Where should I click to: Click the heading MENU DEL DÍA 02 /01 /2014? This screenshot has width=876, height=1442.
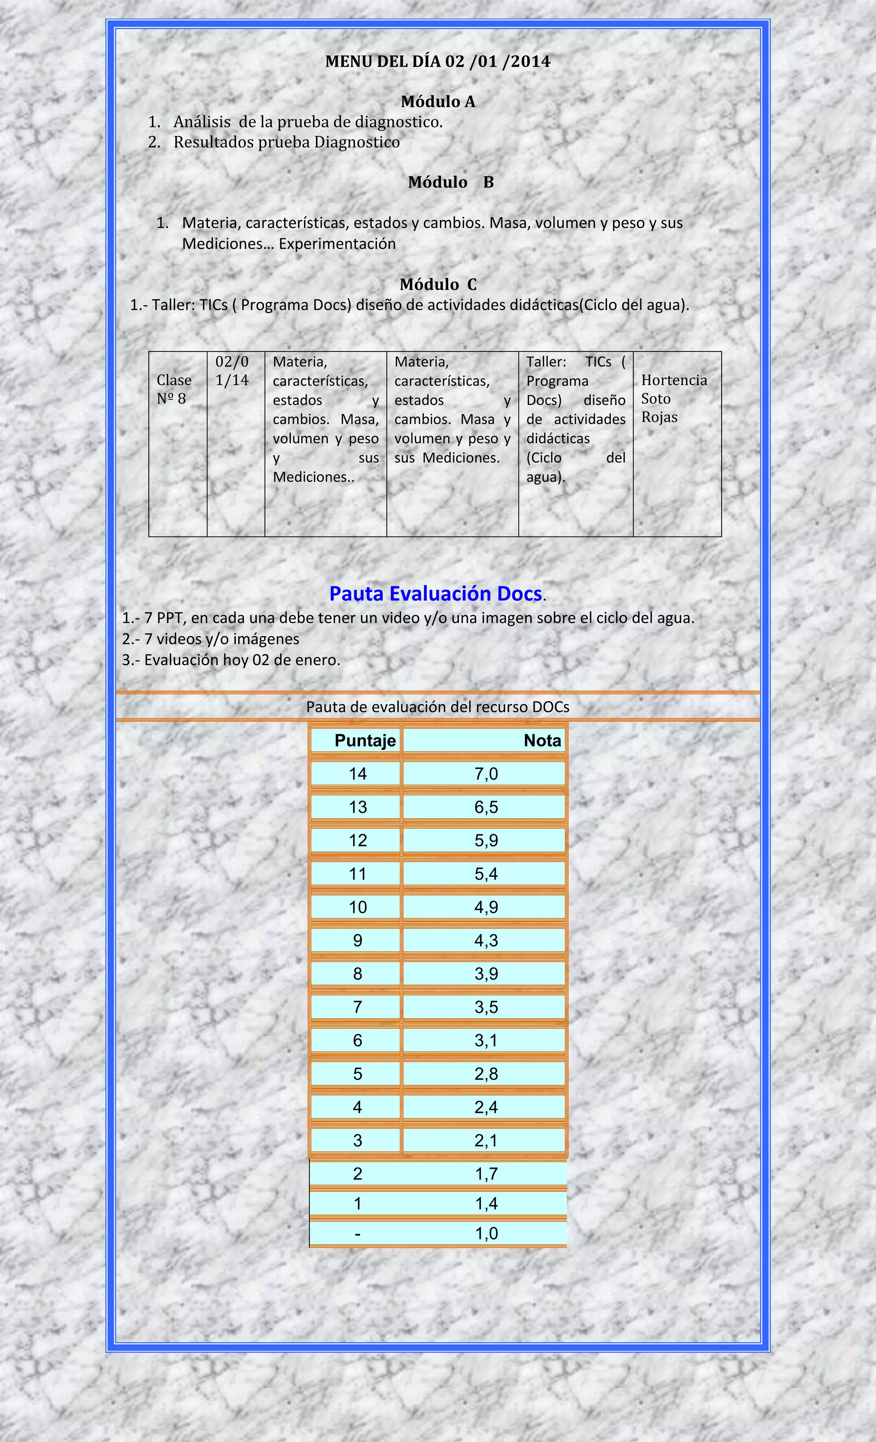click(438, 62)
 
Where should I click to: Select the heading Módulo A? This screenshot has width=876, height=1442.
click(438, 102)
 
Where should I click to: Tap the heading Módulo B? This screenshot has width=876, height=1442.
click(450, 182)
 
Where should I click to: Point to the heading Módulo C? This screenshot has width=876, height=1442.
click(438, 284)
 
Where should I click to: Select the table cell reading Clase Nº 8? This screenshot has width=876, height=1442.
click(174, 389)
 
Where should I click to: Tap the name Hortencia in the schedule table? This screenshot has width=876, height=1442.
click(674, 380)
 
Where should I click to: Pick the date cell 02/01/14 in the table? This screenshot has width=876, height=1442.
click(232, 371)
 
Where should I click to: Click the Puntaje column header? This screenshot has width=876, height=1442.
click(365, 740)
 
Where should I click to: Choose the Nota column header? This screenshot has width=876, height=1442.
click(542, 740)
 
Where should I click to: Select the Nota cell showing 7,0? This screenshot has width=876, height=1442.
click(485, 774)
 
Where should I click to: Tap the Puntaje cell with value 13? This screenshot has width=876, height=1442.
click(357, 807)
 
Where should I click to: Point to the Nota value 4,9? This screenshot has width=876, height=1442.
click(485, 907)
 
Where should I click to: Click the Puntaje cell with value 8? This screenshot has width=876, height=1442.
click(357, 974)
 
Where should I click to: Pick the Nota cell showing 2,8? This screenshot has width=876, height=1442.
click(485, 1074)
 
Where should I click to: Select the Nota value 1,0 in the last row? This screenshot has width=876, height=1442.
click(485, 1234)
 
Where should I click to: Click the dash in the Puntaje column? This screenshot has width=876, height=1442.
click(357, 1234)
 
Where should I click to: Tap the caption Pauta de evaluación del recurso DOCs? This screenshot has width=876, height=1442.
click(438, 707)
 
